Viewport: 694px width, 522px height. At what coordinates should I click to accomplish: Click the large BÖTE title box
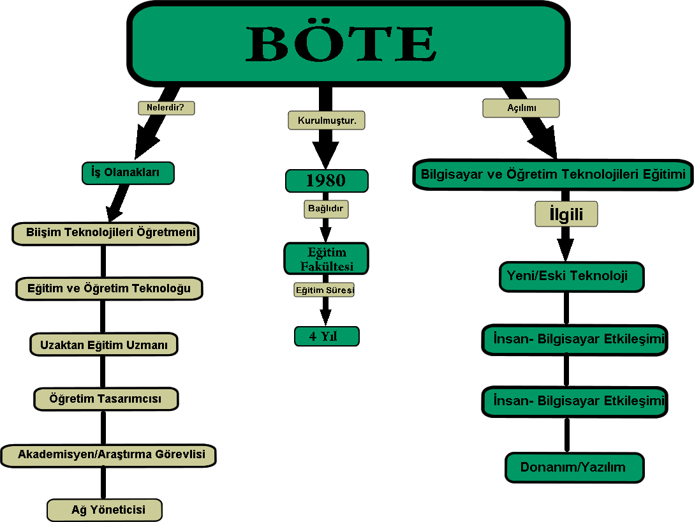pos(348,43)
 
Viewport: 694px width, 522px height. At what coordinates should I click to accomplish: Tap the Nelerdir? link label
pos(166,107)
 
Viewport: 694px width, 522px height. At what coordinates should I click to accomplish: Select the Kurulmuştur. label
pos(327,120)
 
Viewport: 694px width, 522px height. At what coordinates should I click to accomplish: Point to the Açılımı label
pos(520,108)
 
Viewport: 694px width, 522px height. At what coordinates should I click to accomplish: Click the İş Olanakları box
pos(128,173)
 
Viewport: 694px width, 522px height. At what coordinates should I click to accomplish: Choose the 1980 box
pos(326,181)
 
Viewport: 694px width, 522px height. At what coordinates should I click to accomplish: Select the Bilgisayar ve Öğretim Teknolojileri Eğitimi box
pos(553,174)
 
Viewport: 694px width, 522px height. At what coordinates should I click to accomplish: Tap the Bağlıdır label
pos(326,208)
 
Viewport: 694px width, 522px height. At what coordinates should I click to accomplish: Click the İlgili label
pos(566,214)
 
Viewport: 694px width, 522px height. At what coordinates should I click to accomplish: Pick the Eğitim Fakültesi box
pos(326,258)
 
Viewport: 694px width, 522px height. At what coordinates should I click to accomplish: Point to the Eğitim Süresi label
pos(325,290)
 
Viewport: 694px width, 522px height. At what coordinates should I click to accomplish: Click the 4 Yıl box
pos(327,336)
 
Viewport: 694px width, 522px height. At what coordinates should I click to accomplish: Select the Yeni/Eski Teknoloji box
pos(571,276)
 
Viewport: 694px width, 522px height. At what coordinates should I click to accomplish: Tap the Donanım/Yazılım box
pos(574,467)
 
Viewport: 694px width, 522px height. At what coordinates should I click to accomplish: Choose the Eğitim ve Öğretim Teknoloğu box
pos(108,288)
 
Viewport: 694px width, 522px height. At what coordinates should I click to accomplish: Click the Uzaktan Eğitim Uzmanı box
pos(103,345)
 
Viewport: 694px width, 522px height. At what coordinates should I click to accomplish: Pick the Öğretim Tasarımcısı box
pos(105,399)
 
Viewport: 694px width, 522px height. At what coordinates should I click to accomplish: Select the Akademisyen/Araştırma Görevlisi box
pos(108,455)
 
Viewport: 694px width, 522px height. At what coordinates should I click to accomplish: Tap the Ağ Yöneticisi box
pos(105,510)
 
